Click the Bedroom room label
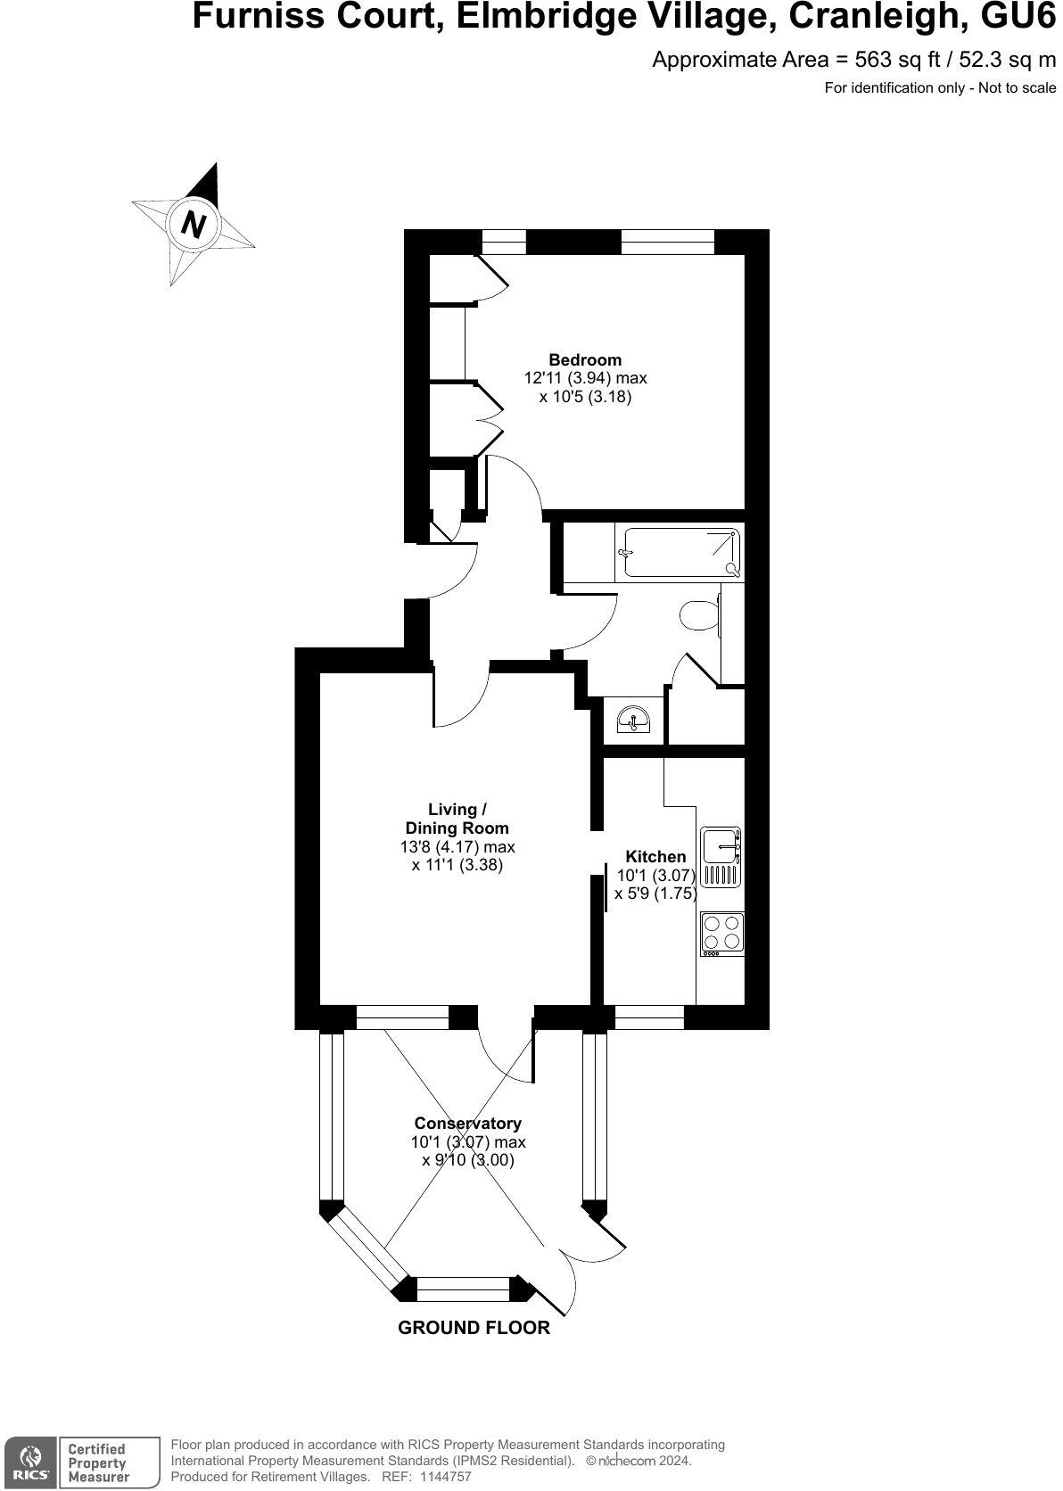click(x=585, y=360)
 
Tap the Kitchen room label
click(x=655, y=857)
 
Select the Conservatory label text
click(x=467, y=1124)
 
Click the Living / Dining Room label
click(x=457, y=819)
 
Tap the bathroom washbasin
click(x=634, y=719)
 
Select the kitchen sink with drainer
click(x=721, y=856)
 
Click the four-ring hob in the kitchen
click(x=722, y=932)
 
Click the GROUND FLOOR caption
click(x=474, y=1328)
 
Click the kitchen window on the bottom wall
click(x=649, y=1017)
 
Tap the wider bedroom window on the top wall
click(x=667, y=242)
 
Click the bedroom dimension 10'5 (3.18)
click(x=585, y=398)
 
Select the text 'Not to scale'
click(x=1017, y=87)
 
